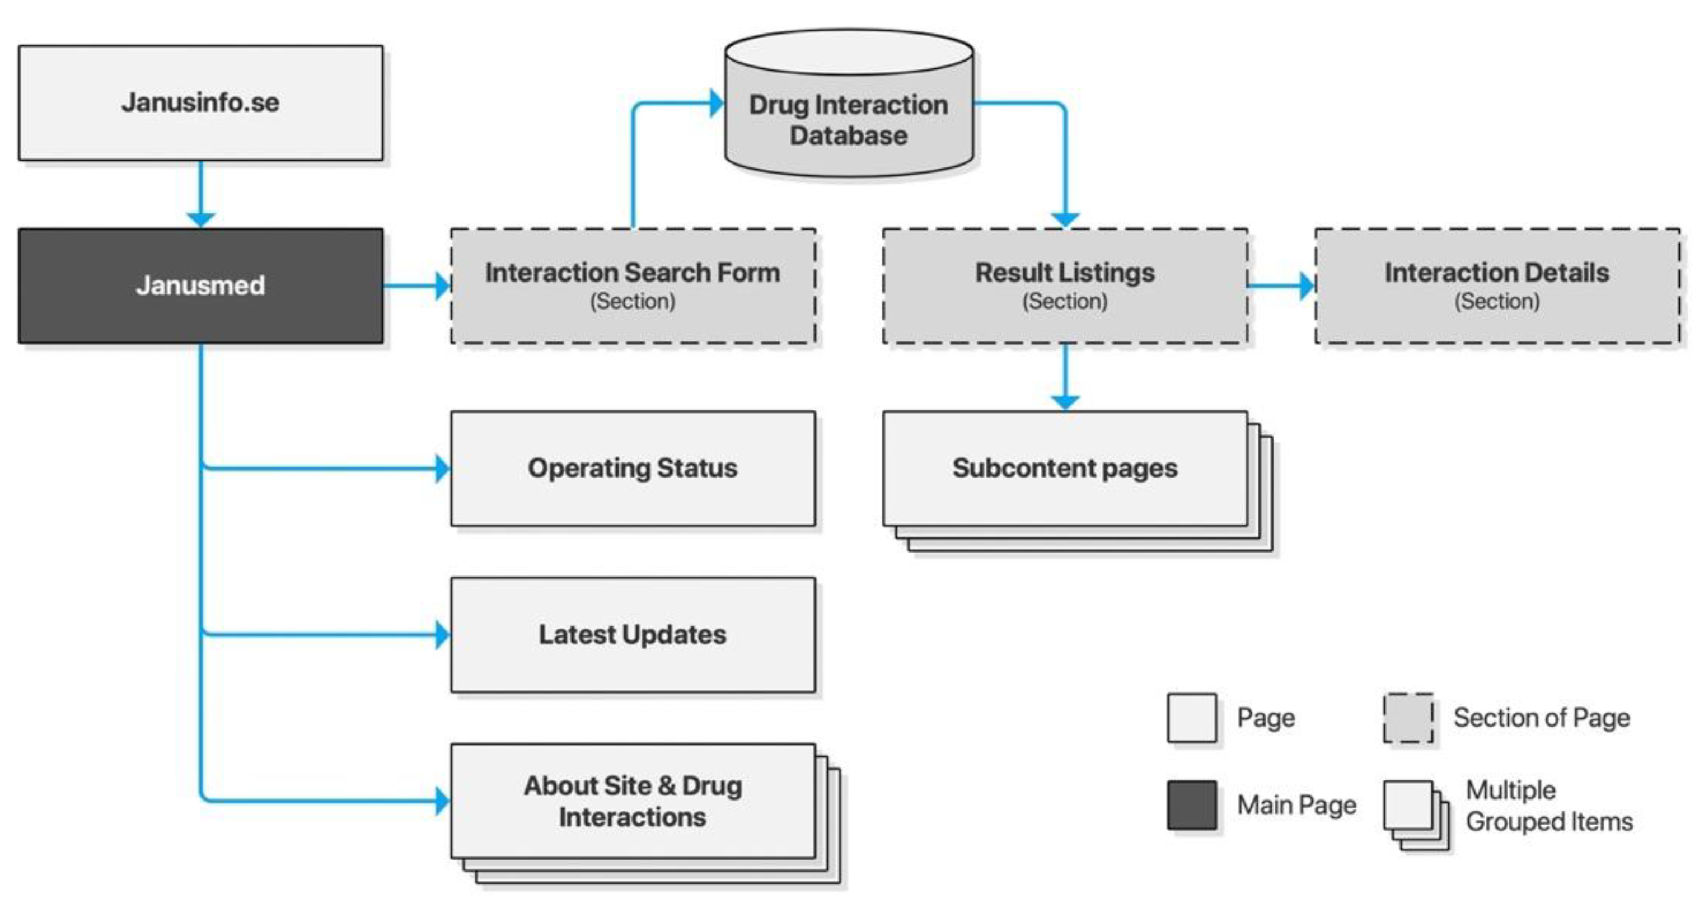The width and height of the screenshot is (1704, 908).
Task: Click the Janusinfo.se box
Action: point(200,102)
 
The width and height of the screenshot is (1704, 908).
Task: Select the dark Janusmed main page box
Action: point(200,285)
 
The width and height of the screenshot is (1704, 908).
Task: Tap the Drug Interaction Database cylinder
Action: point(849,119)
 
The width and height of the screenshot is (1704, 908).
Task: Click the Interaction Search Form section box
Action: point(633,285)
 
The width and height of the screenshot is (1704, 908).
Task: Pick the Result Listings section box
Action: point(1065,285)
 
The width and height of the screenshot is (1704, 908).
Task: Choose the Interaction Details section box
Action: point(1497,285)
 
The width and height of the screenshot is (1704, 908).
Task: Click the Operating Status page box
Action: point(633,468)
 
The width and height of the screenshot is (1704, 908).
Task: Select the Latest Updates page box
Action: point(633,635)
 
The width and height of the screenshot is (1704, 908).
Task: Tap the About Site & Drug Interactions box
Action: point(633,802)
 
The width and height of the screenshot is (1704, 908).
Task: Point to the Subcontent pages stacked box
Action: point(1065,468)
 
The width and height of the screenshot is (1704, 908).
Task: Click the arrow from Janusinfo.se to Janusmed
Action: point(200,195)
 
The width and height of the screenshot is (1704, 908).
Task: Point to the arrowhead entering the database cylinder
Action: point(717,103)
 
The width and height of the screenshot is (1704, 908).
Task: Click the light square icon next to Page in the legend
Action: point(1191,718)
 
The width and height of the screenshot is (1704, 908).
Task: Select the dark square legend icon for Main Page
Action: point(1191,805)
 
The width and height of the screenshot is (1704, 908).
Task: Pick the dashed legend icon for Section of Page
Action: point(1408,718)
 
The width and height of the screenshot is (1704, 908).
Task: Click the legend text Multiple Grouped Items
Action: point(1548,806)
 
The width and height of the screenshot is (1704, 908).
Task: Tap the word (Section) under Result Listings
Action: point(1065,302)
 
